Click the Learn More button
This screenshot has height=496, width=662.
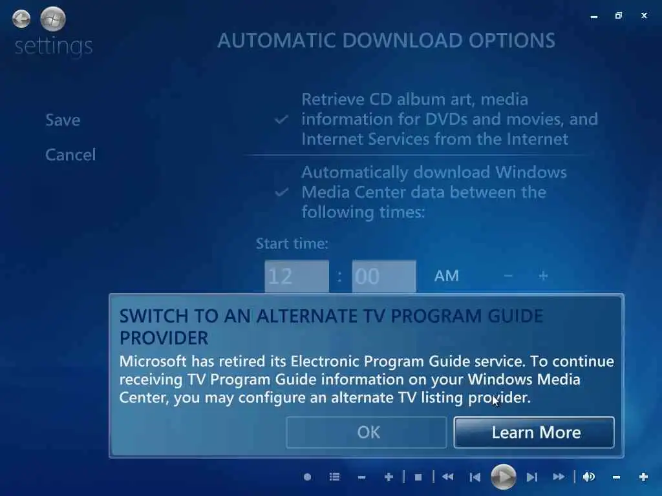click(x=534, y=432)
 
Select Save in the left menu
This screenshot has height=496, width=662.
click(x=63, y=120)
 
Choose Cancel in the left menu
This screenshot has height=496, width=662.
click(x=70, y=155)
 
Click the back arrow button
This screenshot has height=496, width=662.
click(x=21, y=19)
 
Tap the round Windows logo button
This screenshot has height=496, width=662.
click(x=53, y=19)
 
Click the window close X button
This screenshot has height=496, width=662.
click(x=644, y=15)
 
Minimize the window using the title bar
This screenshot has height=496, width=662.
click(x=594, y=17)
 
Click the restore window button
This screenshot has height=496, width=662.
click(x=619, y=15)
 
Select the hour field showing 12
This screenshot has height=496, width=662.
click(x=297, y=276)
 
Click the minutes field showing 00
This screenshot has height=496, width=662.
click(x=384, y=276)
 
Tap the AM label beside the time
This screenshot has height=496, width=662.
click(x=446, y=276)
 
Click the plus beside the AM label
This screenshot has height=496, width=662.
click(x=543, y=276)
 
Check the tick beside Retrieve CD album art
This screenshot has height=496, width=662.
click(x=282, y=119)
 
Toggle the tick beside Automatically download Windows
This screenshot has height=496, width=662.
click(x=282, y=192)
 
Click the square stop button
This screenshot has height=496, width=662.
click(x=418, y=477)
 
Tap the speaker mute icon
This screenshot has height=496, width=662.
click(x=589, y=477)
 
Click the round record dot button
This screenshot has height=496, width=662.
click(x=307, y=477)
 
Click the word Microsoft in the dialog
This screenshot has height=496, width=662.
click(x=153, y=361)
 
